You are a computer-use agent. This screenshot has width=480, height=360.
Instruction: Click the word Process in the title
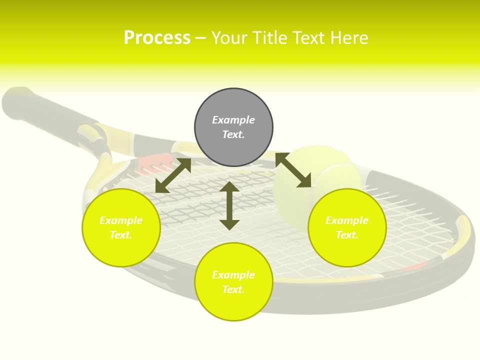[157, 38]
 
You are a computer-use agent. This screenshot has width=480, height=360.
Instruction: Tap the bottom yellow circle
[233, 305]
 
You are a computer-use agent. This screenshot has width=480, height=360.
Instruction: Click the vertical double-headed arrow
[229, 205]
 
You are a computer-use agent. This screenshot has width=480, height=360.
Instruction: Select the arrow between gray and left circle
[173, 175]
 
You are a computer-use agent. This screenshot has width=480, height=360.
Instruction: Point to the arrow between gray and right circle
[293, 170]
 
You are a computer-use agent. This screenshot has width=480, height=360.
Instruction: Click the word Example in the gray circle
[233, 120]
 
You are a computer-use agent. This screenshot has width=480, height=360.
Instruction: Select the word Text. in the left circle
[121, 235]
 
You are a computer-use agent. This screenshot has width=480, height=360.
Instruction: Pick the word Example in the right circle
[347, 220]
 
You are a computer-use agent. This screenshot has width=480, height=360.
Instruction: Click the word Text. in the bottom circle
[233, 289]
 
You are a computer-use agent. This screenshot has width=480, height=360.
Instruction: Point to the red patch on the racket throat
[152, 162]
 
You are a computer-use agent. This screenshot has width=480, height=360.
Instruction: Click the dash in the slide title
[200, 38]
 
